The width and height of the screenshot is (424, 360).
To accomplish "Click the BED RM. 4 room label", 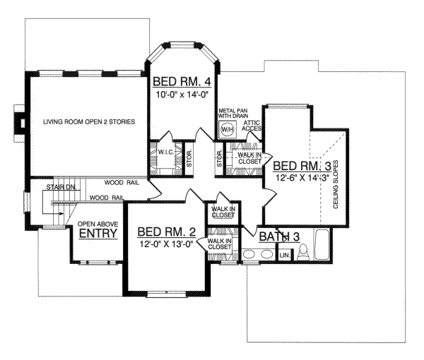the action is click(182, 82).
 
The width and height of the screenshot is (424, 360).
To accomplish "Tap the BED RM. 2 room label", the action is click(167, 232).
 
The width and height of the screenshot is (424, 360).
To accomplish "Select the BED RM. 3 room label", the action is click(302, 166).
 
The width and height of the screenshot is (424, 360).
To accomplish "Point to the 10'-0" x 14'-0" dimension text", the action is click(183, 95).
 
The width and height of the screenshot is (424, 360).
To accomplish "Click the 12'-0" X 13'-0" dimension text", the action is click(166, 244).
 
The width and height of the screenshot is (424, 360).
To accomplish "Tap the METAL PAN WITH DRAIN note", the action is click(233, 113).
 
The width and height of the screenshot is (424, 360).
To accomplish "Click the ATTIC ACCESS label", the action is click(252, 126).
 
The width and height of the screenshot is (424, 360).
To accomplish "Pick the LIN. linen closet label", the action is click(285, 255).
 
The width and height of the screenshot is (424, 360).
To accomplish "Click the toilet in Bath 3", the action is click(303, 252).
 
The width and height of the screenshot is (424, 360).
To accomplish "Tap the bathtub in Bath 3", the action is click(322, 245).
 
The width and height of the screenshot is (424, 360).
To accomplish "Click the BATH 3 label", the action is click(279, 236).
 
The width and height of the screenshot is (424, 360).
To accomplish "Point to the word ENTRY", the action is click(98, 233).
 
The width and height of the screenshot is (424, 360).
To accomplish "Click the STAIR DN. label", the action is click(61, 187).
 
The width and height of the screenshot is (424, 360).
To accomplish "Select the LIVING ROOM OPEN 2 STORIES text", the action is click(89, 122).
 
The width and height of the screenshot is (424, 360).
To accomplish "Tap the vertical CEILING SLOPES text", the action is click(336, 184).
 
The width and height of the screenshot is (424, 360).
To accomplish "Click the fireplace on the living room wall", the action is click(20, 124).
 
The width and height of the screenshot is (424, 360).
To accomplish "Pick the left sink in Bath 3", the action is click(249, 254).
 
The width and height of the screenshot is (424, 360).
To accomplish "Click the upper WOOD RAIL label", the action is click(122, 183).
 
